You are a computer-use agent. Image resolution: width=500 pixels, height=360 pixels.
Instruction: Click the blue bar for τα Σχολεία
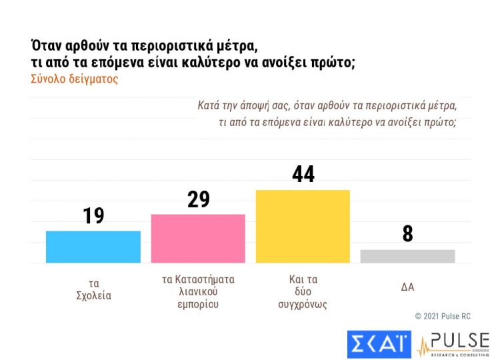(x=93, y=247)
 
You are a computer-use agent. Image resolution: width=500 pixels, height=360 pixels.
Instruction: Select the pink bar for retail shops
(x=198, y=238)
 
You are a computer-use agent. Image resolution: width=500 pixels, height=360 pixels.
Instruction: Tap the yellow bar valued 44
(x=303, y=226)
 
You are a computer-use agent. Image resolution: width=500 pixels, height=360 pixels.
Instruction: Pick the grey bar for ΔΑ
(x=407, y=256)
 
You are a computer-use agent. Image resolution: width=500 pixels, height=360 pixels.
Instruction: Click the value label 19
(x=93, y=215)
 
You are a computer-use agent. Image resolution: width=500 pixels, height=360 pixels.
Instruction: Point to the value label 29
(x=198, y=199)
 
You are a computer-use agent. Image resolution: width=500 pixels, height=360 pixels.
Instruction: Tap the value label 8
(x=407, y=234)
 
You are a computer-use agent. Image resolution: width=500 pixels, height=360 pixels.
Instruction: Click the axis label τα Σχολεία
(x=93, y=289)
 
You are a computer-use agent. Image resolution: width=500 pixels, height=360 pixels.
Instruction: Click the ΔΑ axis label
(x=407, y=287)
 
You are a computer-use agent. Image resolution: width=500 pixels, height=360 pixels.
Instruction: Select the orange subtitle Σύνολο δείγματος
(x=74, y=79)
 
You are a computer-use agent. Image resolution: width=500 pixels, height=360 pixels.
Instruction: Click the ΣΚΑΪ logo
(x=379, y=343)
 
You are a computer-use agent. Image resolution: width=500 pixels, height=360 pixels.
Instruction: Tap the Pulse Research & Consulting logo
(x=453, y=343)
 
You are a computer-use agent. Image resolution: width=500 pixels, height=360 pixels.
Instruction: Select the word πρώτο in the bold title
(x=327, y=63)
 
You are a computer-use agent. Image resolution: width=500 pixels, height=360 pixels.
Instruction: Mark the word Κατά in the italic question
(x=209, y=105)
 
